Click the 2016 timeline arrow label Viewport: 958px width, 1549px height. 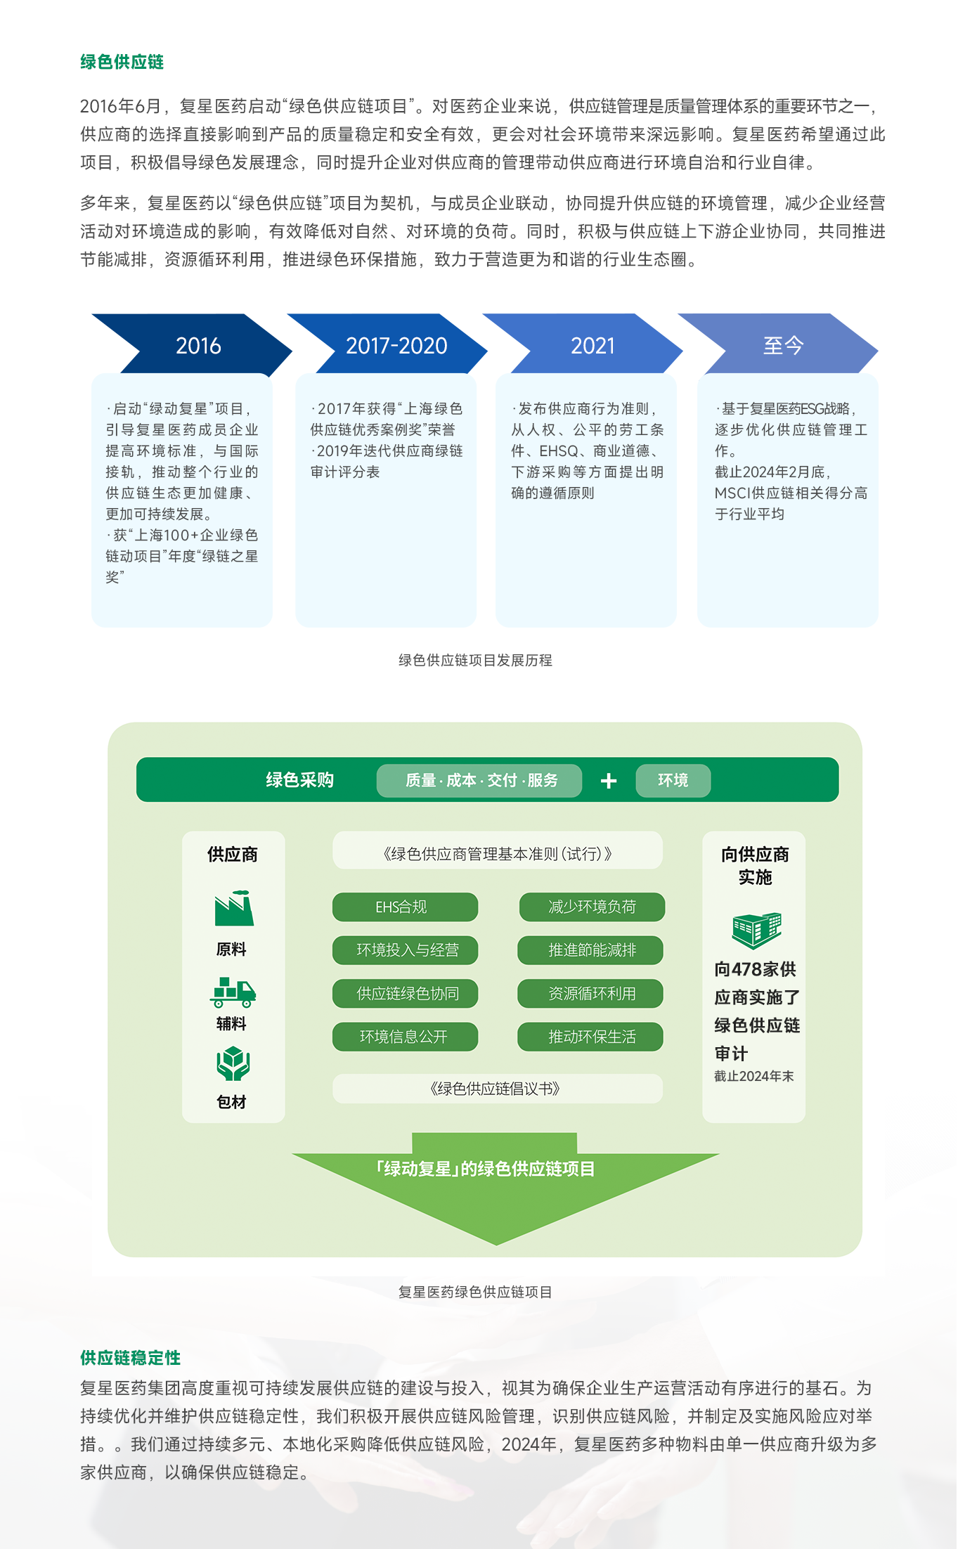(198, 346)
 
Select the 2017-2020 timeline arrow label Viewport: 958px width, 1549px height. (396, 346)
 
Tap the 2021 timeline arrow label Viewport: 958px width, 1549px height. (593, 346)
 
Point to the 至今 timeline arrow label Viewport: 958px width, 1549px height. (783, 346)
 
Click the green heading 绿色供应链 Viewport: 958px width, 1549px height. (122, 62)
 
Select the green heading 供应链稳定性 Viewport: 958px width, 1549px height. (130, 1358)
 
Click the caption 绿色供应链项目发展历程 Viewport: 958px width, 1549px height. (475, 660)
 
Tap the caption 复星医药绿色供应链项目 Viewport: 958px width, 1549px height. (475, 1292)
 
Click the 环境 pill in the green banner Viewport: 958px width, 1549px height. (673, 780)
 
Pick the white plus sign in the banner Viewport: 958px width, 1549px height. (609, 781)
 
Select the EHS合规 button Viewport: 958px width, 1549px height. (405, 907)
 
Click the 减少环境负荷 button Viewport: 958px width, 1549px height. (592, 907)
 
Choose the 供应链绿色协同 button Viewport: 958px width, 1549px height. (405, 993)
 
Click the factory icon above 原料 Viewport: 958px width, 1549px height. (233, 908)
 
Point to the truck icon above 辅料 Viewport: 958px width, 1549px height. (233, 992)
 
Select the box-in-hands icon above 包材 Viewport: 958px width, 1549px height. (233, 1063)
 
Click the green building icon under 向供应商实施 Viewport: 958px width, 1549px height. (756, 929)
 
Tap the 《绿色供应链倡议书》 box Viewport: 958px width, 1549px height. (497, 1089)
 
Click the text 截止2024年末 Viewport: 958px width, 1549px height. (753, 1076)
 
